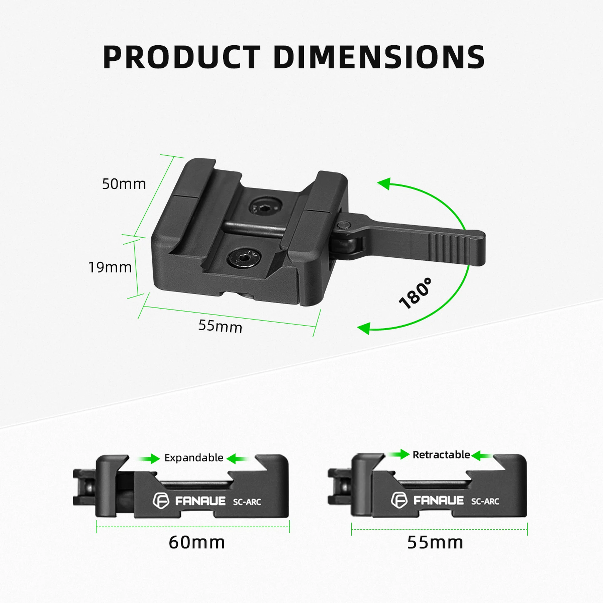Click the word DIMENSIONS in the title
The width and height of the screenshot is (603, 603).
click(x=379, y=57)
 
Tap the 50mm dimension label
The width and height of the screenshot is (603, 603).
click(x=124, y=184)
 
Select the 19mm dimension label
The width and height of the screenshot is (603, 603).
click(x=110, y=267)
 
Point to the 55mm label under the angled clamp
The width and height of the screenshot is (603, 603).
click(x=220, y=327)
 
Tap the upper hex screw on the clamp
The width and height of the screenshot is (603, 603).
click(x=266, y=207)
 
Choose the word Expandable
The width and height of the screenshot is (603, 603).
click(x=193, y=458)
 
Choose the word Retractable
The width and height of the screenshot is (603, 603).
click(x=441, y=455)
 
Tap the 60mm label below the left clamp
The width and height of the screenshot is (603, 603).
click(x=197, y=542)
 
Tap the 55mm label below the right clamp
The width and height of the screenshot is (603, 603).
click(x=435, y=542)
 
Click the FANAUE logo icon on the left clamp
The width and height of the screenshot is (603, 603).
click(x=161, y=500)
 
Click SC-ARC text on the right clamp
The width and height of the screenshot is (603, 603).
click(x=485, y=501)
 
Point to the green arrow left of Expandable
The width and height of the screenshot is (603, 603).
click(x=149, y=458)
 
